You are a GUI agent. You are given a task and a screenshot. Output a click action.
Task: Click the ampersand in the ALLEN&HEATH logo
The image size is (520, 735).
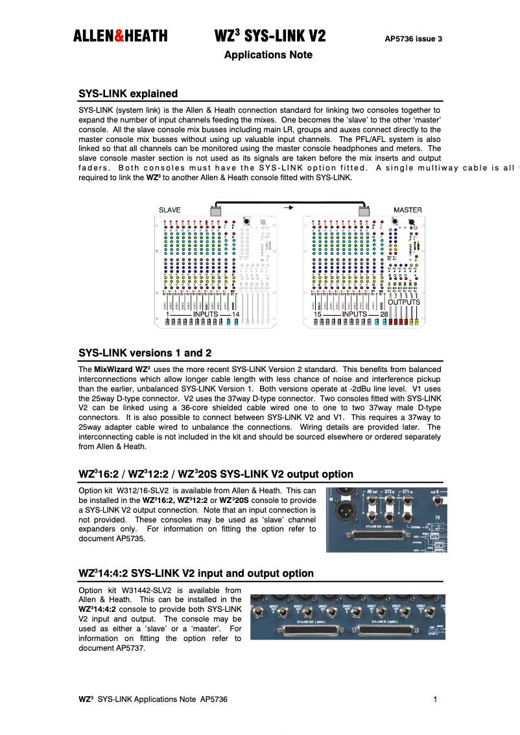click(119, 36)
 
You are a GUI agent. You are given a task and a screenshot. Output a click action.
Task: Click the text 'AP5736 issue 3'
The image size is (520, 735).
click(413, 39)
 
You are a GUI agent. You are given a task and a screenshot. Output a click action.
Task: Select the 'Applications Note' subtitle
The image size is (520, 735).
click(268, 55)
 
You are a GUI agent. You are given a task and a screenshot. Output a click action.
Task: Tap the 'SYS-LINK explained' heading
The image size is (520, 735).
click(128, 94)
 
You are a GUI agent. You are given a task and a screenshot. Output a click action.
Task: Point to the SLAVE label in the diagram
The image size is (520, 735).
click(170, 210)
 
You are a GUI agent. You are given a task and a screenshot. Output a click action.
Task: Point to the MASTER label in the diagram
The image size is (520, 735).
click(407, 210)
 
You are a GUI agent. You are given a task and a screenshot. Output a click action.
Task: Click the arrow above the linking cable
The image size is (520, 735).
click(289, 207)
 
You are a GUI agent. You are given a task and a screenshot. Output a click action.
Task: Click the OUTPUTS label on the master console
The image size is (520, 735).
click(403, 302)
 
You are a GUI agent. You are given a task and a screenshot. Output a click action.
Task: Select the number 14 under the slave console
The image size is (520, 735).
click(235, 314)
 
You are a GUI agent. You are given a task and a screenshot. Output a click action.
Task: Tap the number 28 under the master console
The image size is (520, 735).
click(383, 314)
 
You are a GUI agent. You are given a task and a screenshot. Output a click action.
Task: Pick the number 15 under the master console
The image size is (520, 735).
click(317, 314)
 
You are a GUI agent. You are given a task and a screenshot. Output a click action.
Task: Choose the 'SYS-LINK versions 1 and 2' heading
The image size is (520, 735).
click(145, 353)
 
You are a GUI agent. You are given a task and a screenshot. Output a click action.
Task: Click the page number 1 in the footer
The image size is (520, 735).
click(435, 699)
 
